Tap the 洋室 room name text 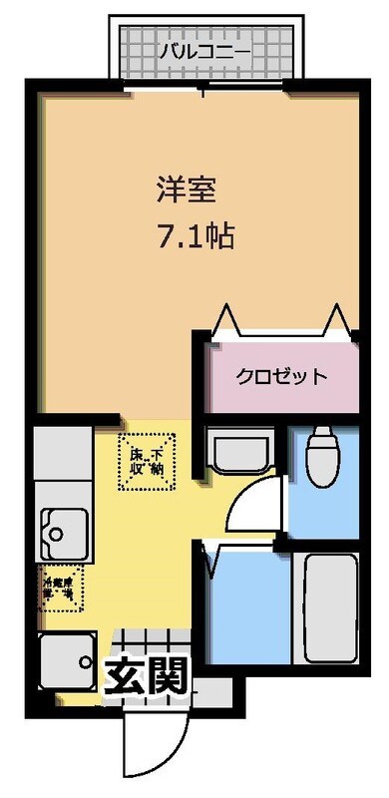(183, 188)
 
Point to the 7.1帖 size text (195, 236)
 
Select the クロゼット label (281, 376)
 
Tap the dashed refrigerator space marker (63, 590)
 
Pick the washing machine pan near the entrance (67, 659)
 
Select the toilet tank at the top (322, 436)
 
